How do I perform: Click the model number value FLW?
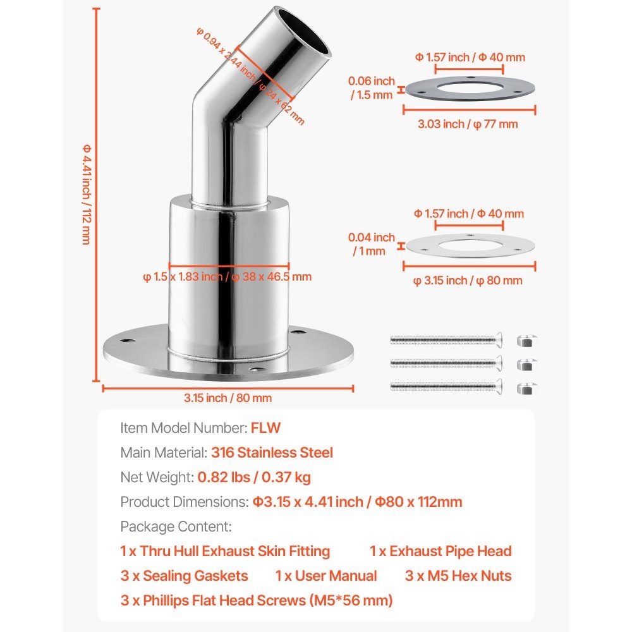[265, 428]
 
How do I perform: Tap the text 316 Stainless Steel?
[272, 453]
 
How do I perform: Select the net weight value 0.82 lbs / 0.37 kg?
[254, 477]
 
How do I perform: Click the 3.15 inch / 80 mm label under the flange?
[228, 398]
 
